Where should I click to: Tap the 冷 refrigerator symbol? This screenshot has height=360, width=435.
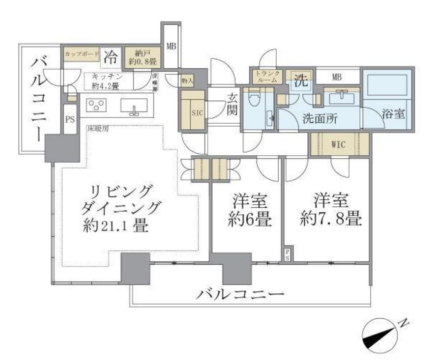click(x=111, y=56)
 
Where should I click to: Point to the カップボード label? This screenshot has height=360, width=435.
click(x=82, y=53)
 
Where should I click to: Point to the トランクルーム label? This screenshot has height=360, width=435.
click(x=267, y=76)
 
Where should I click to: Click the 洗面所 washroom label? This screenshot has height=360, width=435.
click(x=319, y=118)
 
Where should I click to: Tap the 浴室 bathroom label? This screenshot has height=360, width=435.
click(x=393, y=114)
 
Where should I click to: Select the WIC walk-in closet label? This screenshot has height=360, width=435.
click(x=339, y=144)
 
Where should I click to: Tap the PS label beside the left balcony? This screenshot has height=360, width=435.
click(x=70, y=119)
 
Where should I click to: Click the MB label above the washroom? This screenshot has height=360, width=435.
click(x=337, y=77)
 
